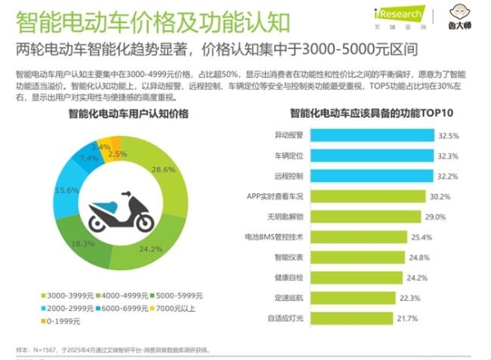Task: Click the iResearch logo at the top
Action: tap(398, 14)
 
